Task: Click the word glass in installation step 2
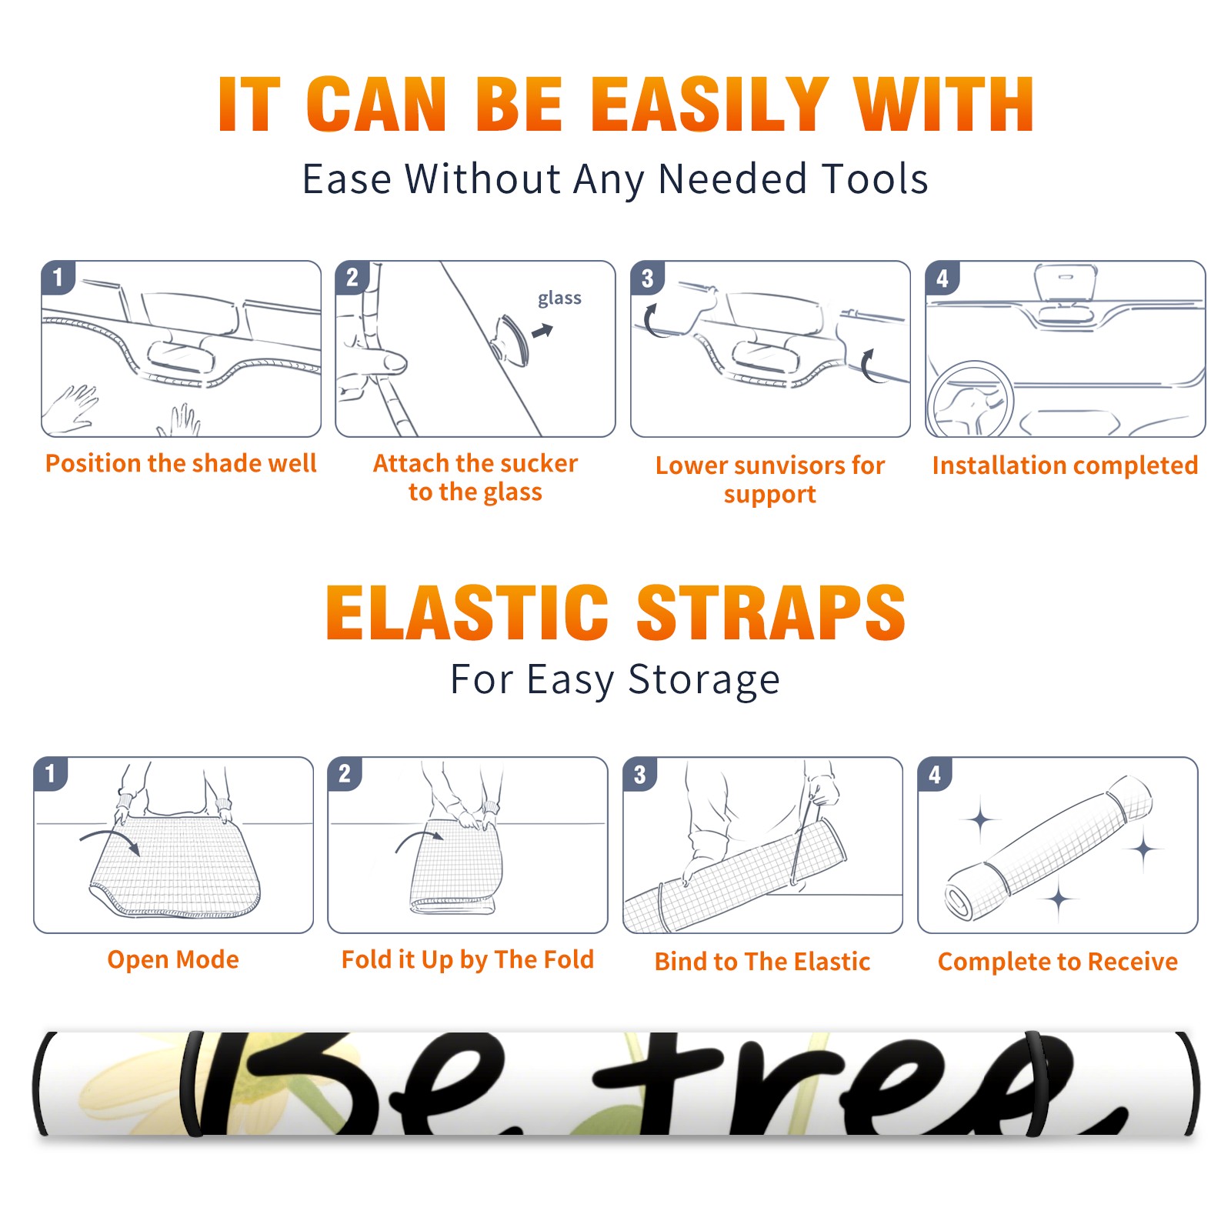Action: pos(559,299)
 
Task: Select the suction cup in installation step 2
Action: pos(511,339)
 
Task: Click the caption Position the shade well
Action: pos(181,463)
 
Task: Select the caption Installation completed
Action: pos(1065,465)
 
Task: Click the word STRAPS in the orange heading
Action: pos(771,612)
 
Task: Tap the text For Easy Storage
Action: pos(615,680)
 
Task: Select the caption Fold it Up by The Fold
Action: pos(468,960)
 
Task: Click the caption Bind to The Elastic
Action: pos(762,962)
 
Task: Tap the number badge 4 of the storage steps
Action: pos(935,774)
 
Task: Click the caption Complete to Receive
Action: pos(1058,962)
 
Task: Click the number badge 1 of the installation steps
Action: pos(58,277)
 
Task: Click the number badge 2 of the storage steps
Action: pos(345,774)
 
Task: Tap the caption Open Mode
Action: pos(173,960)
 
